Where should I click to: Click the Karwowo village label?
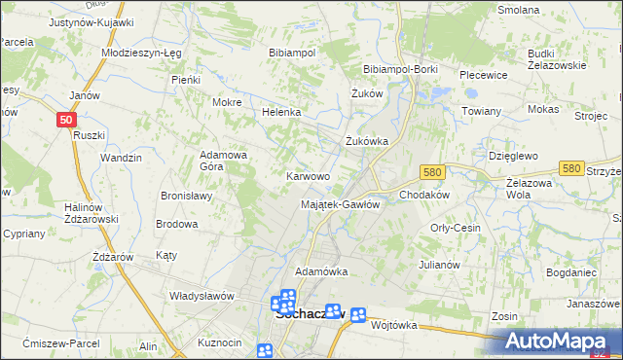[308, 176]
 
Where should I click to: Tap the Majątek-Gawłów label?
[340, 204]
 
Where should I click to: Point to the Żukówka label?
[368, 141]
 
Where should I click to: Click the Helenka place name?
[281, 112]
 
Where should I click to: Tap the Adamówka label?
[321, 270]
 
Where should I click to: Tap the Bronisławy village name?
[187, 195]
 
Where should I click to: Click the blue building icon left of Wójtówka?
[358, 314]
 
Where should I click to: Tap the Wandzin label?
[122, 158]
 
